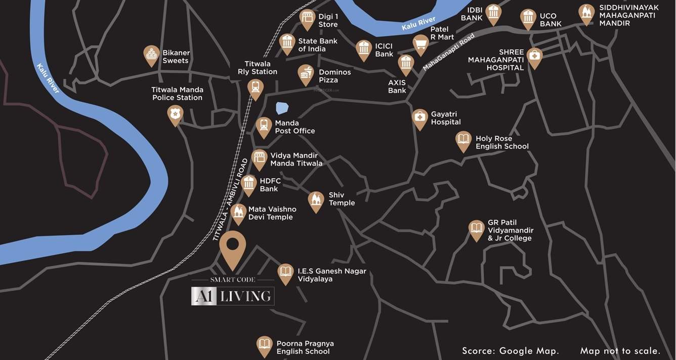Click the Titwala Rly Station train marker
point(256,89)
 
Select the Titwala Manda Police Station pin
point(175,114)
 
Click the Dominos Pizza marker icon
point(306,74)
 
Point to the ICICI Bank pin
point(364,49)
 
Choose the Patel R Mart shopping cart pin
point(421,44)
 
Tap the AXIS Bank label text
point(397,87)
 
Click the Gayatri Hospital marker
point(419,118)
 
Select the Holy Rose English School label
point(502,142)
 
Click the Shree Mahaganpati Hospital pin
point(534,57)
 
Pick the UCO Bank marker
point(528,18)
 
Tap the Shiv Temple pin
point(316,201)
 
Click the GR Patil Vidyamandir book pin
point(476,229)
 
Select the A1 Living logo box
point(233,296)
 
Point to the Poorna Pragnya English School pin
point(264,345)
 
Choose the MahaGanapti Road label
point(449,52)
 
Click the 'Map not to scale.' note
point(620,351)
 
